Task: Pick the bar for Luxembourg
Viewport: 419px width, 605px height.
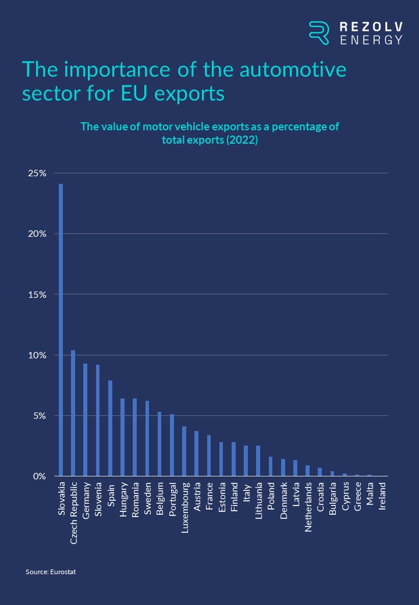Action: coord(184,451)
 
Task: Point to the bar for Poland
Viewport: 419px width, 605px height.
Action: coord(271,467)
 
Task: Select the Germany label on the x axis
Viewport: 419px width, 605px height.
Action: coord(86,499)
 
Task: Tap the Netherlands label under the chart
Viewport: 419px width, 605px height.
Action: coord(308,505)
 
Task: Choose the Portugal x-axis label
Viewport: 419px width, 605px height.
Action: coord(172,500)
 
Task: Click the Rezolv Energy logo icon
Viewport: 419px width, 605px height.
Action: coord(319,33)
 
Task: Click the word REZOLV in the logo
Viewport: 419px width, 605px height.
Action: coord(371,27)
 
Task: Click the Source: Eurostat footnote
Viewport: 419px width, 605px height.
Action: coord(51,572)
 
